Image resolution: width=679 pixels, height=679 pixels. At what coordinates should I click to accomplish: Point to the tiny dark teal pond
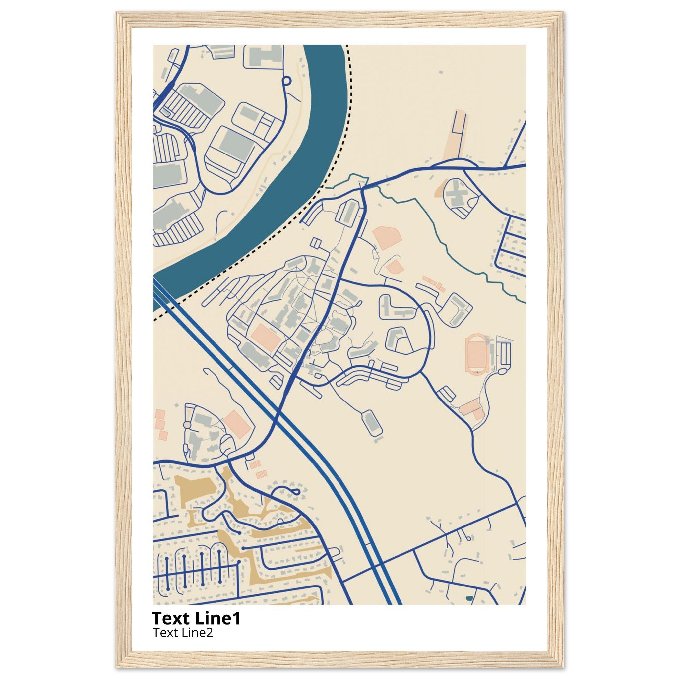pos(468,598)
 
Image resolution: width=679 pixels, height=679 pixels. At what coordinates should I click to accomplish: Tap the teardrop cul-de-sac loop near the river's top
pos(286,81)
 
